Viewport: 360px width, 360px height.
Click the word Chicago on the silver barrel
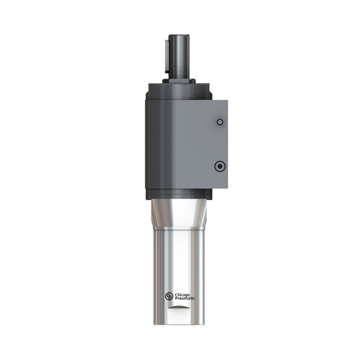click(x=183, y=293)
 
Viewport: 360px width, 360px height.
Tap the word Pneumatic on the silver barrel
click(x=184, y=298)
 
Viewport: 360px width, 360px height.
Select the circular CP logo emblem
click(x=169, y=296)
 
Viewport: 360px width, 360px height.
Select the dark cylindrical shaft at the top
click(x=180, y=54)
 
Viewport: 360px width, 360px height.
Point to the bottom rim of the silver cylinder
click(x=180, y=323)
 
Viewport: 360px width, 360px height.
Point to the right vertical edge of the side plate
click(x=230, y=144)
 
